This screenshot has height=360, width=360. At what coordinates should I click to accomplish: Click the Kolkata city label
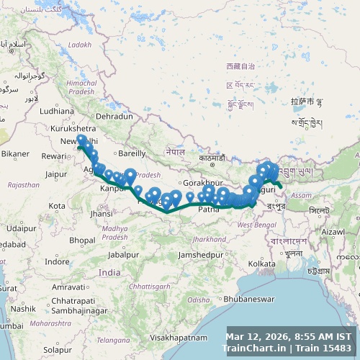click(261, 264)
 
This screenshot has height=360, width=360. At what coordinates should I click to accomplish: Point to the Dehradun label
click(114, 116)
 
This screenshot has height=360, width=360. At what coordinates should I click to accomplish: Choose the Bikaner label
click(15, 153)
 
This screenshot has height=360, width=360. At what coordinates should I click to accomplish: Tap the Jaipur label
click(55, 174)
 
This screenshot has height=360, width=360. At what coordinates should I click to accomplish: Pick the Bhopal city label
click(83, 240)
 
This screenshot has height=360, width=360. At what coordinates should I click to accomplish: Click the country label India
click(109, 272)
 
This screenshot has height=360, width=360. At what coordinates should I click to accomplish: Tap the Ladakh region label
click(80, 45)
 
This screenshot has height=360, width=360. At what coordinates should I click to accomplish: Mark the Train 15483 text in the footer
click(328, 348)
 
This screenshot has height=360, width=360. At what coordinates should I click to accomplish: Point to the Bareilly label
click(132, 153)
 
